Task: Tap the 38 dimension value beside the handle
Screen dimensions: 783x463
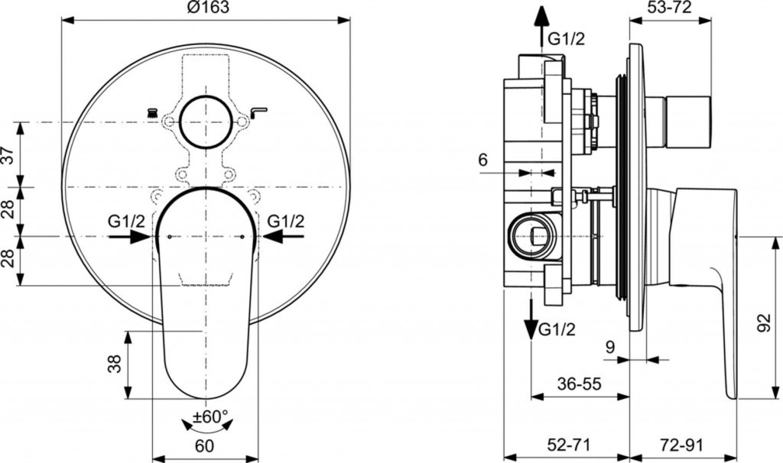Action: click(115, 364)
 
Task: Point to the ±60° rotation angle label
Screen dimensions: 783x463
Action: click(210, 415)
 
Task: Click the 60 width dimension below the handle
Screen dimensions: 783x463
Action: click(205, 445)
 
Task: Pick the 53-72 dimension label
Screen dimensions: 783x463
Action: click(671, 8)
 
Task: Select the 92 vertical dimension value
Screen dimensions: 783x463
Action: click(765, 323)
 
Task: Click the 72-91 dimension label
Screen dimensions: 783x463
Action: click(681, 444)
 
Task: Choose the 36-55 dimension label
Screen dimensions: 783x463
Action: click(580, 384)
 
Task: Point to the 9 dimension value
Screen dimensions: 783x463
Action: click(609, 347)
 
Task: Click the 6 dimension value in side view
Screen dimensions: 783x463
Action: click(483, 160)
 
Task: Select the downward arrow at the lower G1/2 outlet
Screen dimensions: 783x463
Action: click(532, 319)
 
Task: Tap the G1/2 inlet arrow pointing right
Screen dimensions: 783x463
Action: click(129, 237)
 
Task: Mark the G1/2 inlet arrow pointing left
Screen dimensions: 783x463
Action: click(283, 237)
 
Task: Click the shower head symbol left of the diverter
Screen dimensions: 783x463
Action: click(152, 112)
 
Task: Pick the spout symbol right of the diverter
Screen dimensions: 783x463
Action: click(258, 112)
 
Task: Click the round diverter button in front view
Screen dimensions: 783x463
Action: click(206, 121)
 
